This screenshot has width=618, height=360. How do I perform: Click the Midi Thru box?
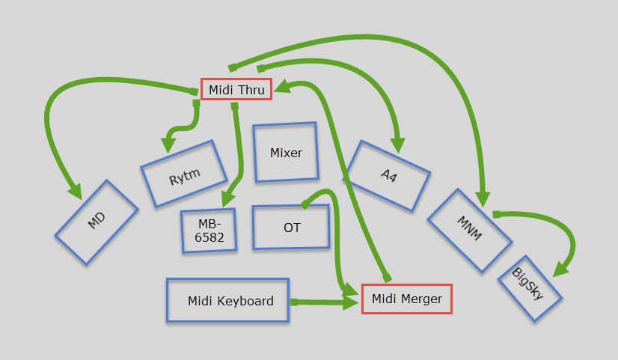pos(236,90)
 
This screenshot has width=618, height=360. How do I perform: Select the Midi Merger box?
pos(406,299)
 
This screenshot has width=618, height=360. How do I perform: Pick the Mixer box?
pos(285,153)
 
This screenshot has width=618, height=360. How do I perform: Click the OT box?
pos(291,228)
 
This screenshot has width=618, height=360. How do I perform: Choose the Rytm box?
pos(183,174)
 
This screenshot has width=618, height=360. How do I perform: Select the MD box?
pos(97,222)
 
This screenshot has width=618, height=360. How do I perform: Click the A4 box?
pos(388,175)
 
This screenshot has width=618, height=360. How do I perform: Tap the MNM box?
pos(470,231)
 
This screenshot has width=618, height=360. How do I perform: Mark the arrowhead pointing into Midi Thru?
pos(283,88)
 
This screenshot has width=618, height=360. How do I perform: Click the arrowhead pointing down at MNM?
pos(486,198)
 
